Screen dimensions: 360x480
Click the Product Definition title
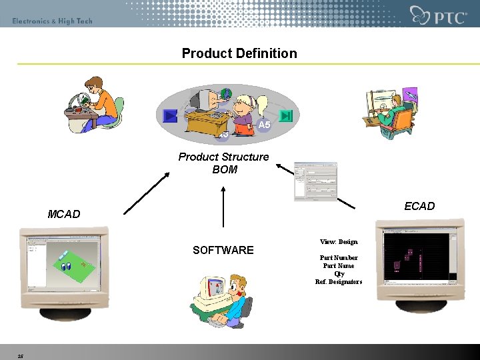pyautogui.click(x=239, y=53)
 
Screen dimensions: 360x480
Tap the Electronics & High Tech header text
pyautogui.click(x=52, y=21)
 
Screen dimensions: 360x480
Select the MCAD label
pyautogui.click(x=64, y=214)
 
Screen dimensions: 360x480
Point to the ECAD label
pyautogui.click(x=419, y=206)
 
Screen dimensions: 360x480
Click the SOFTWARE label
pyautogui.click(x=223, y=250)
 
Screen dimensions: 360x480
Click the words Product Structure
pyautogui.click(x=223, y=157)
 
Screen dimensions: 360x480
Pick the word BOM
pyautogui.click(x=225, y=169)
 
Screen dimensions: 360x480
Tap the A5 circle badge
pyautogui.click(x=264, y=125)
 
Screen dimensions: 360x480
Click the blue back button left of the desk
pyautogui.click(x=171, y=116)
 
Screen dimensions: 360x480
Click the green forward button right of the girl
pyautogui.click(x=286, y=116)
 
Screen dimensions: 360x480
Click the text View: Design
pyautogui.click(x=339, y=242)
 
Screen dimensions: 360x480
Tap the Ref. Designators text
pyautogui.click(x=339, y=281)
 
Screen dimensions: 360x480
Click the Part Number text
pyautogui.click(x=339, y=257)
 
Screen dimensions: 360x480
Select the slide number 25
pyautogui.click(x=21, y=356)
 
